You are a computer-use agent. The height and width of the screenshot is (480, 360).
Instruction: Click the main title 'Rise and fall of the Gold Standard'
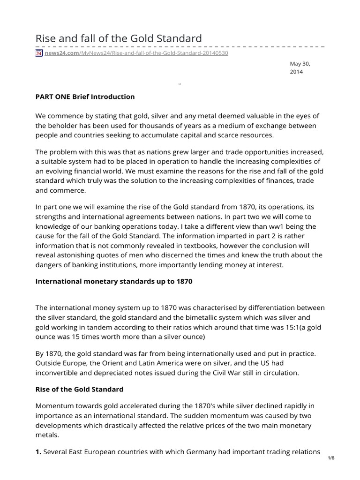(x=119, y=38)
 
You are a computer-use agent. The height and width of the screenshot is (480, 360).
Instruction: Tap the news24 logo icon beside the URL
(x=39, y=53)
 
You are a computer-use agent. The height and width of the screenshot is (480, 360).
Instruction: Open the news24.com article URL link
(x=136, y=53)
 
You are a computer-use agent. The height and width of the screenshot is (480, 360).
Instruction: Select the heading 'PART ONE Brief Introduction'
(x=85, y=97)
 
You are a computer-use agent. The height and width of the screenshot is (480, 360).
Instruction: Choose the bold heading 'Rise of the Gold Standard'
(x=79, y=389)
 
